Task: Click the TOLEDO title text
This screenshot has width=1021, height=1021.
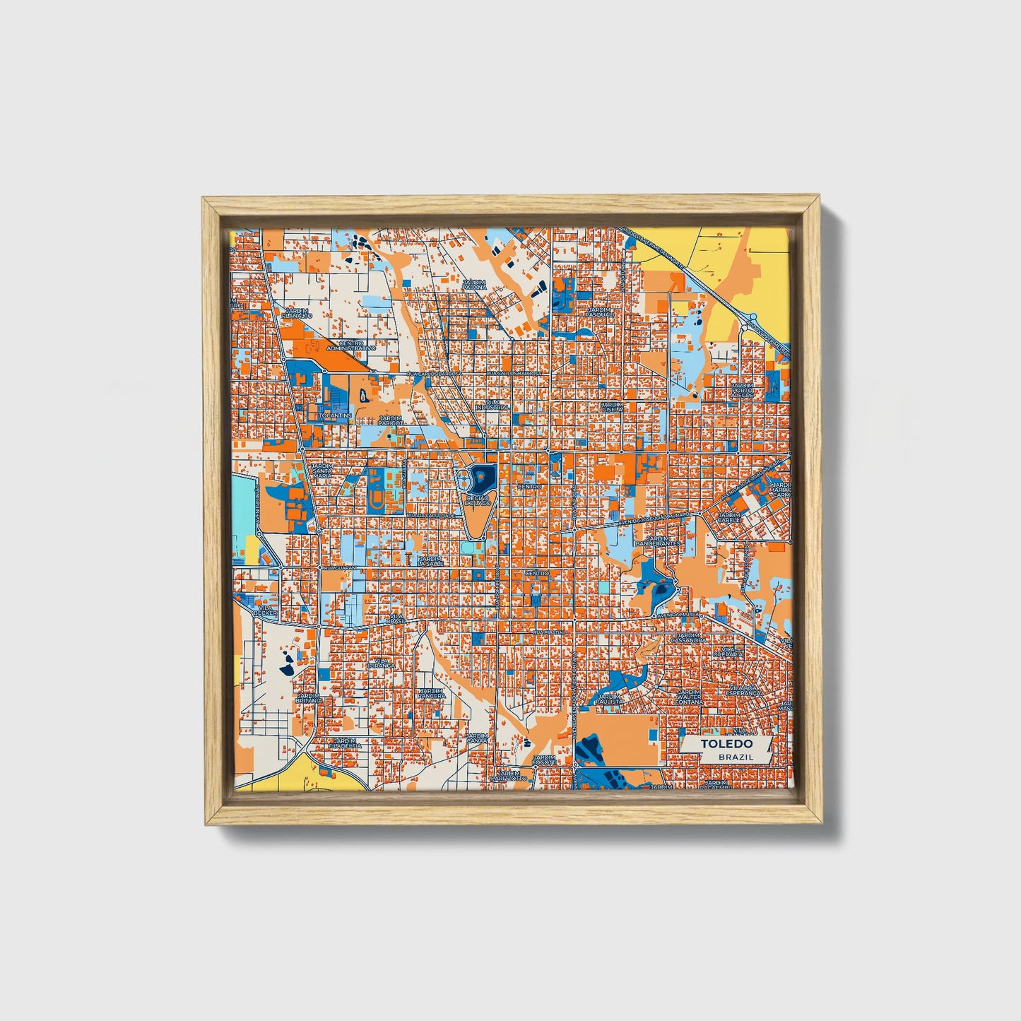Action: coord(726,744)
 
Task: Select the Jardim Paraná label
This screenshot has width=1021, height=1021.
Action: coord(474,285)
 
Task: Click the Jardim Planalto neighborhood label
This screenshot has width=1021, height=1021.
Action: coord(297,313)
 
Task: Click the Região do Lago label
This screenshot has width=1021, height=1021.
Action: coord(480,501)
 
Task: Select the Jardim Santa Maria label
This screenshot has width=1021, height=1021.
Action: coord(322,472)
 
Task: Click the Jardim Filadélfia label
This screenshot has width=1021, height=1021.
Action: coord(345,743)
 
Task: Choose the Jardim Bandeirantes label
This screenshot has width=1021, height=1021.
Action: coord(657,541)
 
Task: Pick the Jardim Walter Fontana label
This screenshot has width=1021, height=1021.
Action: coord(688,697)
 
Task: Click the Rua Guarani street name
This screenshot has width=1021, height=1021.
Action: coord(337,567)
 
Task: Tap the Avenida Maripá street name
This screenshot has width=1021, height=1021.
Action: coord(679,615)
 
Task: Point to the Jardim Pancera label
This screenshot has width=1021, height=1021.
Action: coord(431,693)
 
